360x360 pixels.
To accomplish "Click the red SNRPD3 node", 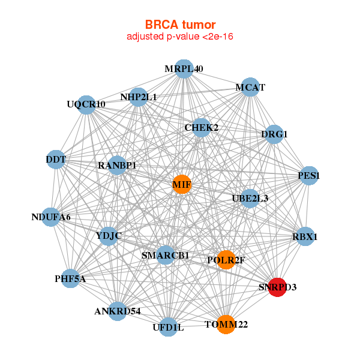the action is click(x=277, y=286).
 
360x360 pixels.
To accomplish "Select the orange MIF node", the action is click(x=182, y=184).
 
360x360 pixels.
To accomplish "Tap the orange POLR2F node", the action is click(x=225, y=260).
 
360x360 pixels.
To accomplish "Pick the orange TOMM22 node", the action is click(x=225, y=324).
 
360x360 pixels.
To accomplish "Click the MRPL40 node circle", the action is click(x=184, y=69).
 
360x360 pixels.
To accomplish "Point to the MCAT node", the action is click(x=250, y=87).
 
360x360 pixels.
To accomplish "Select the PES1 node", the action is click(x=308, y=176).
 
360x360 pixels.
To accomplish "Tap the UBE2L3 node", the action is click(x=250, y=198).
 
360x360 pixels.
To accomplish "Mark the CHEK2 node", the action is click(x=202, y=127).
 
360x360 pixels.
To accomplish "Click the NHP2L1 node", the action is click(x=139, y=97).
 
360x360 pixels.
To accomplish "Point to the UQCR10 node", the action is click(x=88, y=104).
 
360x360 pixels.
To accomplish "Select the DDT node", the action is click(x=56, y=159).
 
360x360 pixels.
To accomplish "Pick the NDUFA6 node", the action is click(x=51, y=217).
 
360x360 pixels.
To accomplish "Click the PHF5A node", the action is click(x=70, y=278).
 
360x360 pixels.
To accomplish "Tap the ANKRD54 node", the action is click(x=118, y=311).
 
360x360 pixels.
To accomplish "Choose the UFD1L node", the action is click(x=169, y=327).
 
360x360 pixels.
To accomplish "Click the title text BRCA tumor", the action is click(x=180, y=25).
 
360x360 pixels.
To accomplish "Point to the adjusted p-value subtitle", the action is click(x=180, y=37).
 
